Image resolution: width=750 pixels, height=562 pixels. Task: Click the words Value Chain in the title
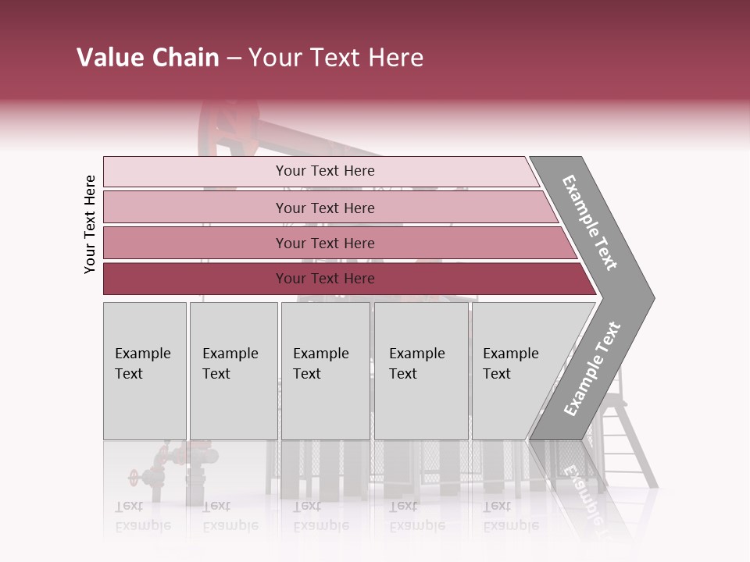click(x=148, y=58)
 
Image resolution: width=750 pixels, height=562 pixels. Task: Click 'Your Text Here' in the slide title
click(x=336, y=58)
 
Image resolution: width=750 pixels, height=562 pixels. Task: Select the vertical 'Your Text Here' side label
click(x=90, y=224)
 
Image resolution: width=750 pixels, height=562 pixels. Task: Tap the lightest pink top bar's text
click(x=325, y=171)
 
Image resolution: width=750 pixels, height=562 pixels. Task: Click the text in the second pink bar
click(x=325, y=208)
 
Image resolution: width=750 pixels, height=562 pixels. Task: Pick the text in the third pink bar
click(x=325, y=244)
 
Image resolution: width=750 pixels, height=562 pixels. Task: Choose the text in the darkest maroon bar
click(x=325, y=279)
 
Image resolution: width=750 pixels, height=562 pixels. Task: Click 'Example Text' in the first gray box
click(x=142, y=364)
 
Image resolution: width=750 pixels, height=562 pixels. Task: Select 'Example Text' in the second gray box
click(x=230, y=364)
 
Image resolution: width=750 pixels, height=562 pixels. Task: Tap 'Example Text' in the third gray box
click(x=320, y=364)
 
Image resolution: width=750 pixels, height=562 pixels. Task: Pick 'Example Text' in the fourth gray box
click(x=416, y=364)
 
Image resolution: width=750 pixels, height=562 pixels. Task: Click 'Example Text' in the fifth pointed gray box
click(x=510, y=364)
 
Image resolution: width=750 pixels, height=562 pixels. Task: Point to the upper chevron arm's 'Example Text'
click(x=590, y=222)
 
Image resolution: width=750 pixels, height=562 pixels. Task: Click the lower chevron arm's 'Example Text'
click(x=591, y=369)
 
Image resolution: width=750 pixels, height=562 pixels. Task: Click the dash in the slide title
click(x=234, y=59)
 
